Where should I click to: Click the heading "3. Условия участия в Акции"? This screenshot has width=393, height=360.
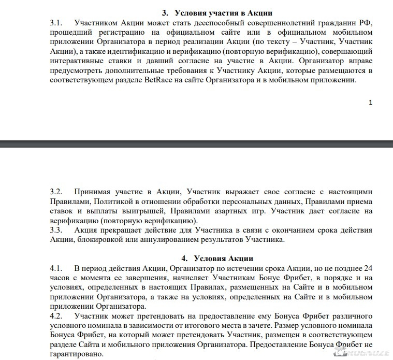[x=217, y=12]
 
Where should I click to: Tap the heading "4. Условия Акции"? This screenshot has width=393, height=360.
[x=217, y=258]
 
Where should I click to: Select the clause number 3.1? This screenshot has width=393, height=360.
[x=56, y=23]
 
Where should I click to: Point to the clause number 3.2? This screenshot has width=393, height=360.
[x=56, y=191]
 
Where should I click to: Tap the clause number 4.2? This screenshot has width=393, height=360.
[x=56, y=316]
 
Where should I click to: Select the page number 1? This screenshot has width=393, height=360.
[x=370, y=103]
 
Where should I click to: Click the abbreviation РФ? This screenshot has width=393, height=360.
[x=367, y=23]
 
